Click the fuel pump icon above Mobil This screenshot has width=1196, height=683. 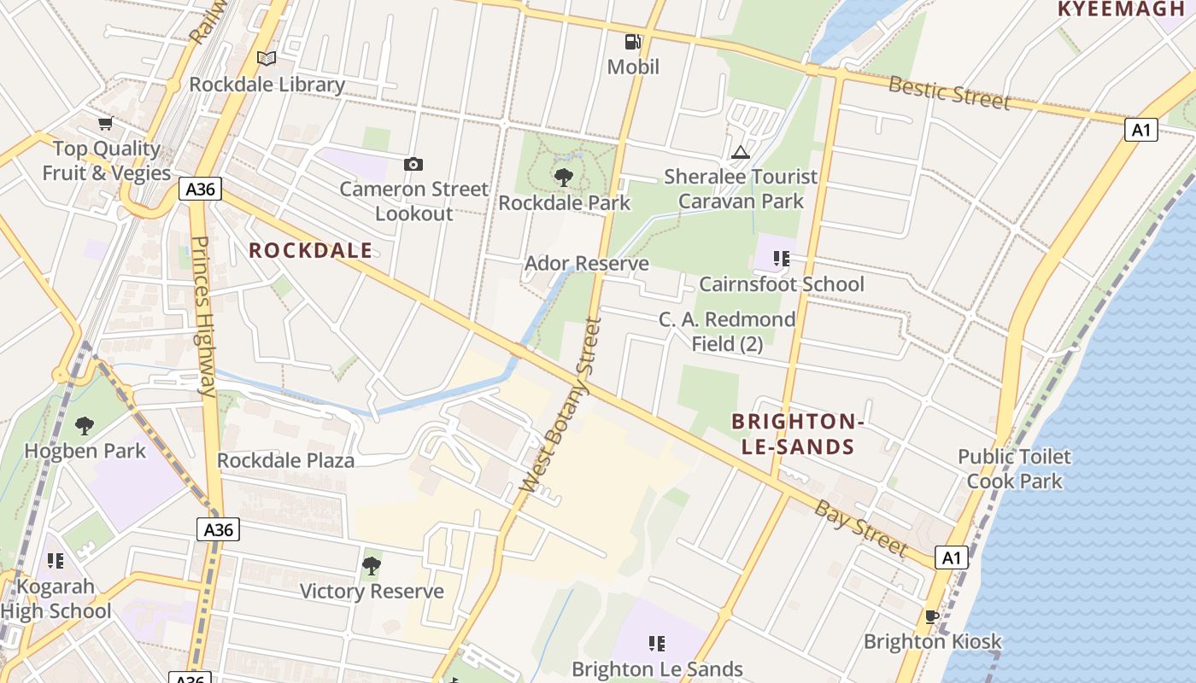632,41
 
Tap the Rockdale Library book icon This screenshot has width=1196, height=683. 267,58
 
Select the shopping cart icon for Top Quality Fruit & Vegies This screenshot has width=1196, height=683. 105,124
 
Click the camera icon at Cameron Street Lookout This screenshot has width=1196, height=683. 413,164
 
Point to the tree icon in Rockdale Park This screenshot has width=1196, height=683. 564,178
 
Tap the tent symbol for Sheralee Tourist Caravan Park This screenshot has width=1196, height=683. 741,152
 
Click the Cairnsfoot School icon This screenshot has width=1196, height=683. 781,258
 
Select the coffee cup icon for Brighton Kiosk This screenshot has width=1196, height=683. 932,616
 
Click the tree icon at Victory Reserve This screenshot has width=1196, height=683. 371,565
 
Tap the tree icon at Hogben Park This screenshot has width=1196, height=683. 85,425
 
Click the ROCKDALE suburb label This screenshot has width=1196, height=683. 310,250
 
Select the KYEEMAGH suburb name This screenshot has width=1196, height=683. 1124,9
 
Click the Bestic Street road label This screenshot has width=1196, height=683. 949,91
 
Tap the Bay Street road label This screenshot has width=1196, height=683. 859,528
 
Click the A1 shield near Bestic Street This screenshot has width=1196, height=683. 1140,130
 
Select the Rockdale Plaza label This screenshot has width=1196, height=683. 285,460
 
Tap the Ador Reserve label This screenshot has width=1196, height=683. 586,263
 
